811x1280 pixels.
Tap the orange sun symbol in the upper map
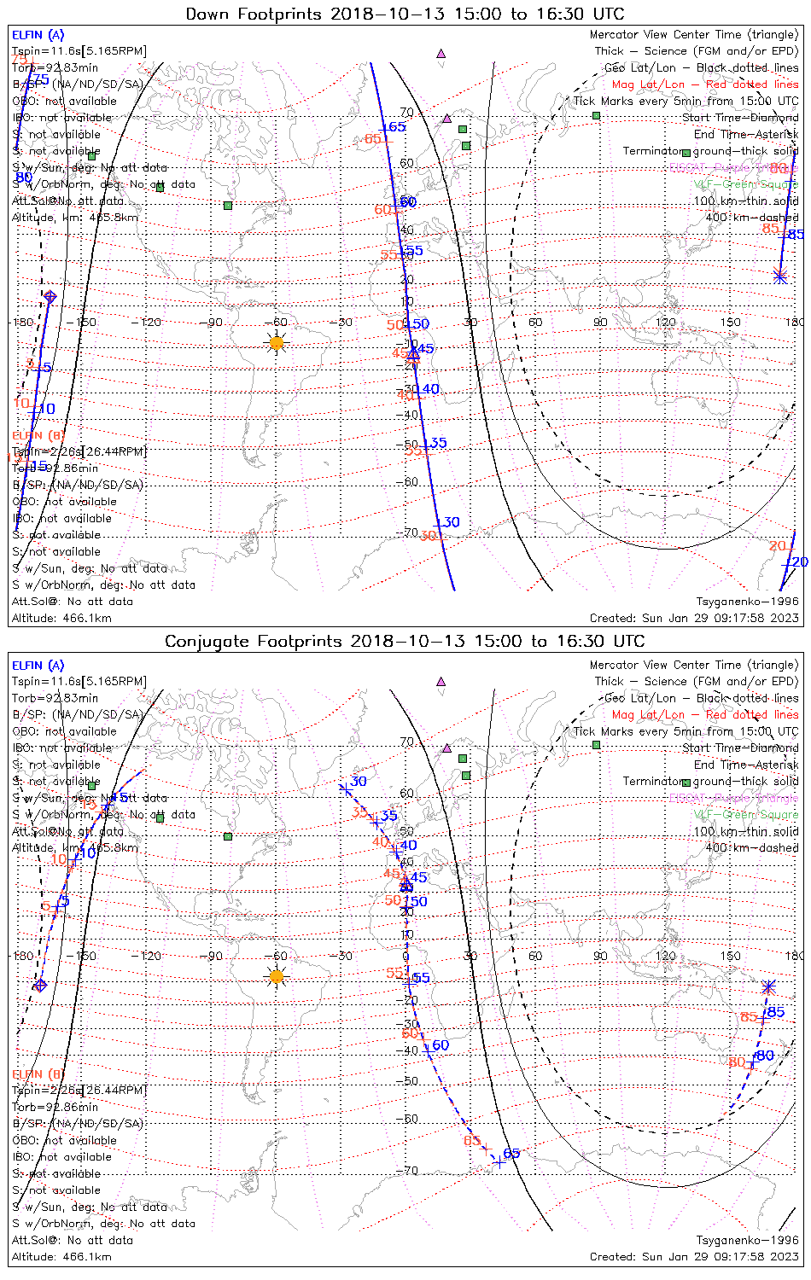click(x=276, y=342)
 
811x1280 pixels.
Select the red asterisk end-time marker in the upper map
click(x=779, y=276)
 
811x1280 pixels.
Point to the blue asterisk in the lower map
click(x=768, y=986)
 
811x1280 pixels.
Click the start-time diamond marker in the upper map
click(x=50, y=297)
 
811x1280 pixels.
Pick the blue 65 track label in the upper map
click(x=395, y=127)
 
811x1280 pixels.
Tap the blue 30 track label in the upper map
click(x=449, y=522)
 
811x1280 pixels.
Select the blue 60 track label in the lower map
click(x=439, y=1045)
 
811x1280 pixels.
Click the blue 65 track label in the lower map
click(x=511, y=1154)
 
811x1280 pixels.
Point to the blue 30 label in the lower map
click(x=358, y=781)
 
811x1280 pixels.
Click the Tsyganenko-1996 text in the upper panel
click(x=747, y=601)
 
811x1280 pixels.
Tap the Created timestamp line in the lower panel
click(x=694, y=1256)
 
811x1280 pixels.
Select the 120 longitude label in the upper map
click(x=665, y=322)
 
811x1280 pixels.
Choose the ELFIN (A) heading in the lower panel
click(x=38, y=666)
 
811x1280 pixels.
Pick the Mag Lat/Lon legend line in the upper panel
click(x=704, y=84)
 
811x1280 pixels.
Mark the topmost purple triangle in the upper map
click(x=441, y=53)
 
